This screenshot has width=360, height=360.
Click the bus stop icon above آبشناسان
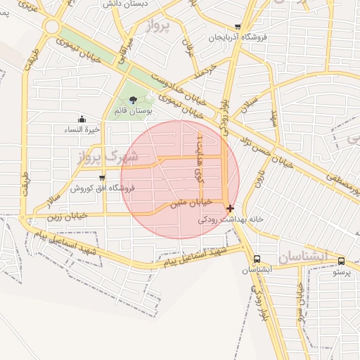tap(257, 259)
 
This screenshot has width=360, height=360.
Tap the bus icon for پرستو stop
tap(341, 261)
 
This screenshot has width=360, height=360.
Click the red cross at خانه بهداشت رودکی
tap(230, 208)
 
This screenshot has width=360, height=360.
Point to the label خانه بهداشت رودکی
tap(231, 219)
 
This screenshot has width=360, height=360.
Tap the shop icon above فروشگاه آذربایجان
tap(238, 27)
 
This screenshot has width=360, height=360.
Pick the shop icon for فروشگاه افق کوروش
tap(103, 177)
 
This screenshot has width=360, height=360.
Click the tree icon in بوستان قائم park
tap(133, 100)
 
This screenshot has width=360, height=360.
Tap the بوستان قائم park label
tap(133, 110)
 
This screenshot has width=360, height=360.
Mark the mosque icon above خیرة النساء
tap(82, 119)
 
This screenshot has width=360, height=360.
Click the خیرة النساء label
tap(83, 129)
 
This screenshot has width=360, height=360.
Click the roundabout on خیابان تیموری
tap(51, 27)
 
